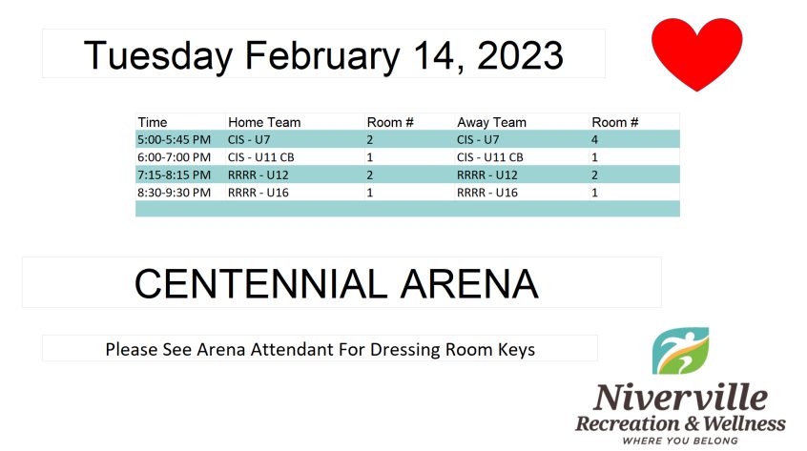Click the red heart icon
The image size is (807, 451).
696,53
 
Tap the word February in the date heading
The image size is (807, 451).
322,56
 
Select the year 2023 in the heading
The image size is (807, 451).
520,55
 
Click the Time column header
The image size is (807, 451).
153,122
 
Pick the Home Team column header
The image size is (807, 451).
264,122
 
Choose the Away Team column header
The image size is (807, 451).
491,122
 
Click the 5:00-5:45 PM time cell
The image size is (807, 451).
174,140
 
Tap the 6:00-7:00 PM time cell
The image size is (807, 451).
174,157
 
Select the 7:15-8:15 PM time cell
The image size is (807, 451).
174,175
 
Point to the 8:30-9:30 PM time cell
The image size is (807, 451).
174,193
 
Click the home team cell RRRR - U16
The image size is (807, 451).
259,193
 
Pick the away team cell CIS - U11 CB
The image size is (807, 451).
490,157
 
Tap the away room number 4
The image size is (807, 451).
595,140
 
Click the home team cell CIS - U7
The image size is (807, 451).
249,140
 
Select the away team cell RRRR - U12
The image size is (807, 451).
487,175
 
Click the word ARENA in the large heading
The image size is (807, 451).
469,284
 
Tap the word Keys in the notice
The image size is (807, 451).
516,350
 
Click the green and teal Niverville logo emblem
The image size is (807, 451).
680,351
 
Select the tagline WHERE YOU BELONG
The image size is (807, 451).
680,441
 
